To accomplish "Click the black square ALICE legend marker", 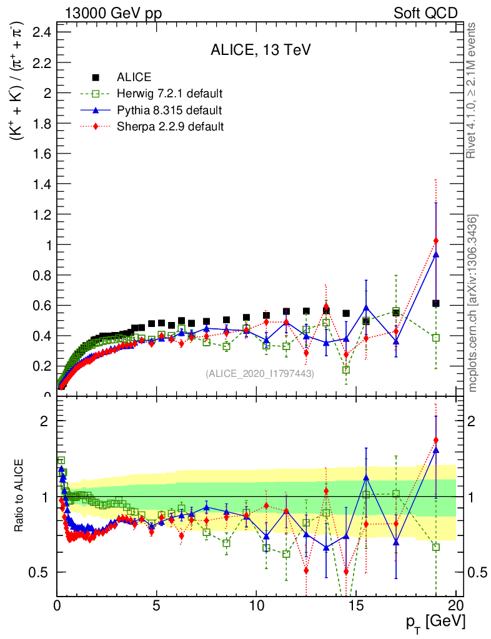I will point(96,78).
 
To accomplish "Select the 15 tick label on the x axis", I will point(356,605).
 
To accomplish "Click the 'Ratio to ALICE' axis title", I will point(19,497).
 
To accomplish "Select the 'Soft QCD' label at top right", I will point(425,13).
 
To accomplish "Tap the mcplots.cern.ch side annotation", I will point(473,303).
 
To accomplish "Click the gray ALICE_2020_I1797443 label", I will point(260,373).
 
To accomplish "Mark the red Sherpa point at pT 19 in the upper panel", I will point(435,241).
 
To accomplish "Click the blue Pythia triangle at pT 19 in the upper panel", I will point(435,255).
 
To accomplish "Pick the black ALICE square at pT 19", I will point(435,303).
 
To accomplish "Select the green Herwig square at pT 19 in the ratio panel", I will point(435,547).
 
